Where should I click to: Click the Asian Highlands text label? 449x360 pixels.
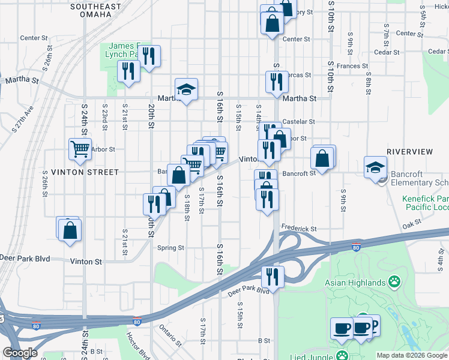click(355, 282)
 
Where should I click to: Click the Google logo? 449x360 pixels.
click(20, 353)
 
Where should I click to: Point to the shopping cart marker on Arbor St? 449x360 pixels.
click(80, 150)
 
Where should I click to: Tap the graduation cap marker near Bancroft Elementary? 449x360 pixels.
click(375, 167)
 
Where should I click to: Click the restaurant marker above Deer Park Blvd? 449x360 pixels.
click(273, 277)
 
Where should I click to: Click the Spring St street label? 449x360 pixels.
click(170, 248)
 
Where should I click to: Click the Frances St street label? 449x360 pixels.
click(352, 66)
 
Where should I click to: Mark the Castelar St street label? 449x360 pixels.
click(295, 121)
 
